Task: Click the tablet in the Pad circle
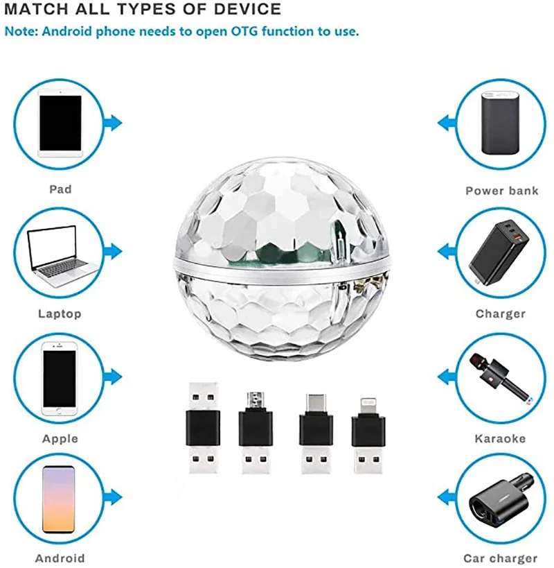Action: click(x=60, y=123)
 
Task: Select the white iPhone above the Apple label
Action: click(x=60, y=377)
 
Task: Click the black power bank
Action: click(x=499, y=123)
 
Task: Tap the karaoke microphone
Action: click(x=497, y=378)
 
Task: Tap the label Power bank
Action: click(x=501, y=191)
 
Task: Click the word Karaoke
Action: click(x=500, y=439)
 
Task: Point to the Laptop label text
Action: click(x=60, y=314)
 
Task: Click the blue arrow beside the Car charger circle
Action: click(x=445, y=497)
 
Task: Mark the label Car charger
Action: click(x=501, y=558)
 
